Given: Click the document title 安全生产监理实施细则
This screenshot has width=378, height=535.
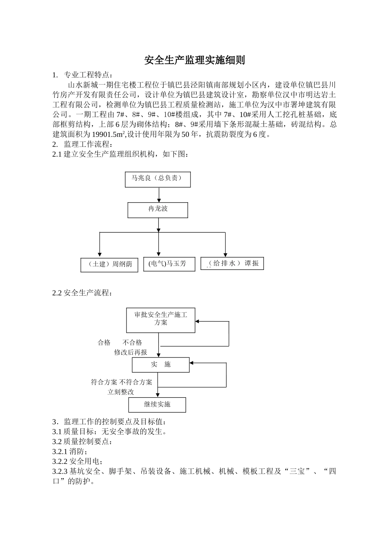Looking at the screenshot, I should tap(194, 60).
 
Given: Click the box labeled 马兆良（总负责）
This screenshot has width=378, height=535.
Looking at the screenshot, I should tap(158, 179).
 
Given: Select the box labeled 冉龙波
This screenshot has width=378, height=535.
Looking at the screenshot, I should tap(158, 210).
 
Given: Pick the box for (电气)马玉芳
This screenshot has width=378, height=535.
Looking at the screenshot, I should tap(169, 264).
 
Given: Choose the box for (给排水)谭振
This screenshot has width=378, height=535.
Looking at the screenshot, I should tap(232, 263).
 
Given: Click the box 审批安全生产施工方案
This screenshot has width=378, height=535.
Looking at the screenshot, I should tap(161, 320).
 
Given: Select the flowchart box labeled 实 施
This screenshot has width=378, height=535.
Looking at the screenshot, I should tap(161, 365).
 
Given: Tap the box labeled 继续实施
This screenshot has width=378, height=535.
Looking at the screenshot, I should tap(157, 405).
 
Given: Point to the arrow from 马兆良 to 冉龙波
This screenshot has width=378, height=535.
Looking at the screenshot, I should tap(159, 195).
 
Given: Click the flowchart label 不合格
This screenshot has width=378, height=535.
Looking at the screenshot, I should tap(132, 342).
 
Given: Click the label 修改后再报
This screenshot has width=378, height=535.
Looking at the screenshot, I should tap(131, 352).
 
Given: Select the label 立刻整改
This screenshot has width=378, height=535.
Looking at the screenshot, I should tap(121, 392).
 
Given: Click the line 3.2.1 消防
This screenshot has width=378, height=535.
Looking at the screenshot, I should tap(70, 451).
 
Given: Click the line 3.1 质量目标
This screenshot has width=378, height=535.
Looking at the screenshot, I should tap(109, 432).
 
